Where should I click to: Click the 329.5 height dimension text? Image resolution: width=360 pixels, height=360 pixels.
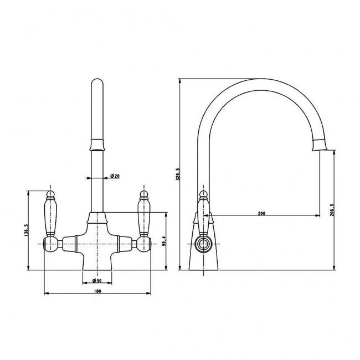click(178, 174)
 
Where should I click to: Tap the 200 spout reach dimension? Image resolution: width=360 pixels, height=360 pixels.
click(262, 212)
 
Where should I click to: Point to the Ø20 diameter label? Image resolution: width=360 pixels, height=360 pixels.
click(115, 176)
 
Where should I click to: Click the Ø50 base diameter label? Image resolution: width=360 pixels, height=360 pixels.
click(97, 281)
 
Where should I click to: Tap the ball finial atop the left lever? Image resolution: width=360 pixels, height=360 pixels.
click(50, 194)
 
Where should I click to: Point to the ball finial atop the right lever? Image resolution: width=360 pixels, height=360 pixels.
click(144, 194)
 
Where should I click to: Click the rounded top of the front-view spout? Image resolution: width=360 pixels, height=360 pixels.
click(97, 85)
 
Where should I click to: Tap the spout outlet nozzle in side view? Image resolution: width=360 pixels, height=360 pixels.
click(321, 145)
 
